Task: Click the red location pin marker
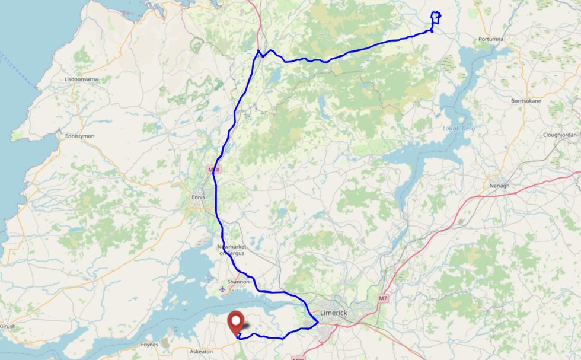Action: tap(237, 321)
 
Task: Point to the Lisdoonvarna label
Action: tap(82, 79)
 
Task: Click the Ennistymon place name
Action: tap(79, 136)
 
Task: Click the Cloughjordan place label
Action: tap(560, 135)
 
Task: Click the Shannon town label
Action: tap(238, 282)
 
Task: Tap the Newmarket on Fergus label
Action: tap(231, 250)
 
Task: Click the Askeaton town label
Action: tap(202, 352)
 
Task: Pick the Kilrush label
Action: tap(7, 327)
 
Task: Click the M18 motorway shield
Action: tap(213, 170)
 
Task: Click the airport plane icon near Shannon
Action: tap(222, 290)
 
